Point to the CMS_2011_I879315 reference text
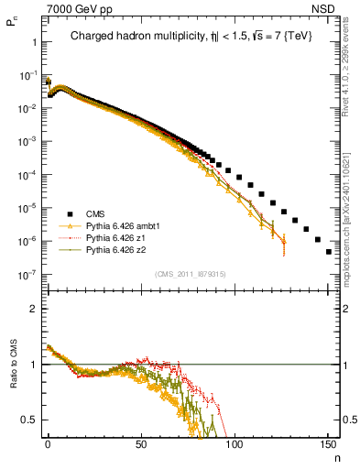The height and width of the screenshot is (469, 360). pos(188,274)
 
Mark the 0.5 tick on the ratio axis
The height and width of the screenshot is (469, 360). pos(28,420)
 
